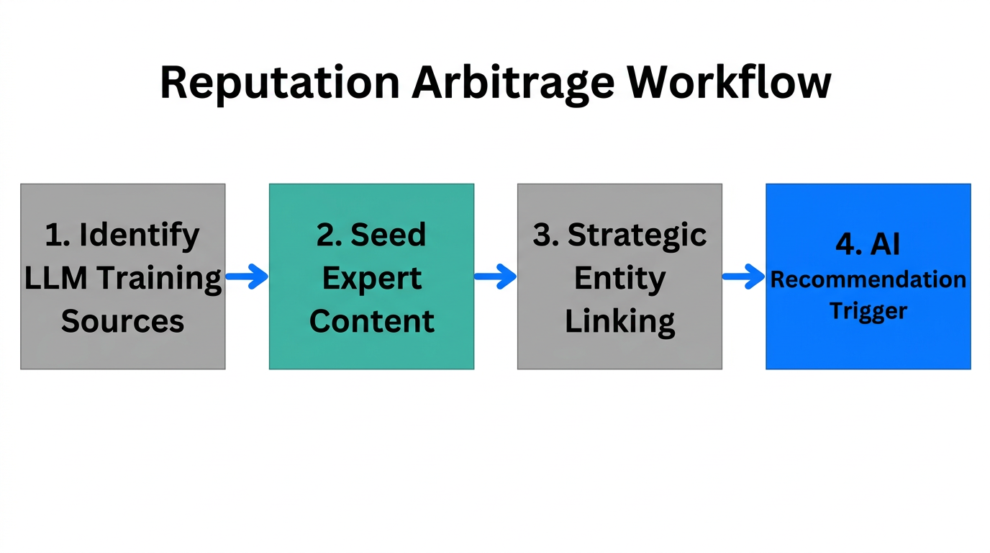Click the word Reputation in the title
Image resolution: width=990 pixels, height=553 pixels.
tap(279, 83)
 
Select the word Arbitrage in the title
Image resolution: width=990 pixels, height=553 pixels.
tap(513, 81)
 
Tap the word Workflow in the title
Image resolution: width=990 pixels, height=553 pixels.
tap(728, 81)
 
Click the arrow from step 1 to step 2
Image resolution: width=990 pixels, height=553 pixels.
tap(247, 276)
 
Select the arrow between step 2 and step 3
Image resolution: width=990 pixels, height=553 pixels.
tap(495, 276)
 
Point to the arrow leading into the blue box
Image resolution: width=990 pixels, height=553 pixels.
tap(743, 276)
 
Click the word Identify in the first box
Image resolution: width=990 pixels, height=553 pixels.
tap(139, 235)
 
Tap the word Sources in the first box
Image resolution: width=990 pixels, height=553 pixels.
tap(122, 320)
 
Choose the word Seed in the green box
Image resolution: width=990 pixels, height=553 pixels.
tap(388, 235)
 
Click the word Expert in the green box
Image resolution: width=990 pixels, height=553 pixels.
tap(371, 279)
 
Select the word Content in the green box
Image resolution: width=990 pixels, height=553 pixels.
tap(371, 320)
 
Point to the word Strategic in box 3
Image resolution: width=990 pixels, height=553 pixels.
tap(637, 235)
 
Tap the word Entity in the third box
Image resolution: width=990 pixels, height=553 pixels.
tap(619, 279)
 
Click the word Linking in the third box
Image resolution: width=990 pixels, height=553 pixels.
tap(619, 322)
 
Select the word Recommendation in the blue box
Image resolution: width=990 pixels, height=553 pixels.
tap(868, 279)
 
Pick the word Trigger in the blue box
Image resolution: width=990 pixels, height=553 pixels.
tap(868, 311)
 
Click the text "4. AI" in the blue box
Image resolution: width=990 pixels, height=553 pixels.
tap(868, 245)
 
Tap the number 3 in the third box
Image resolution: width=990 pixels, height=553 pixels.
tap(541, 235)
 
